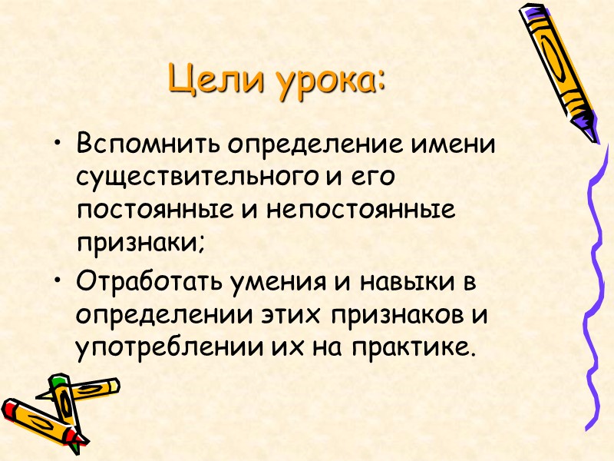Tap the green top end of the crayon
point(58,382)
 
